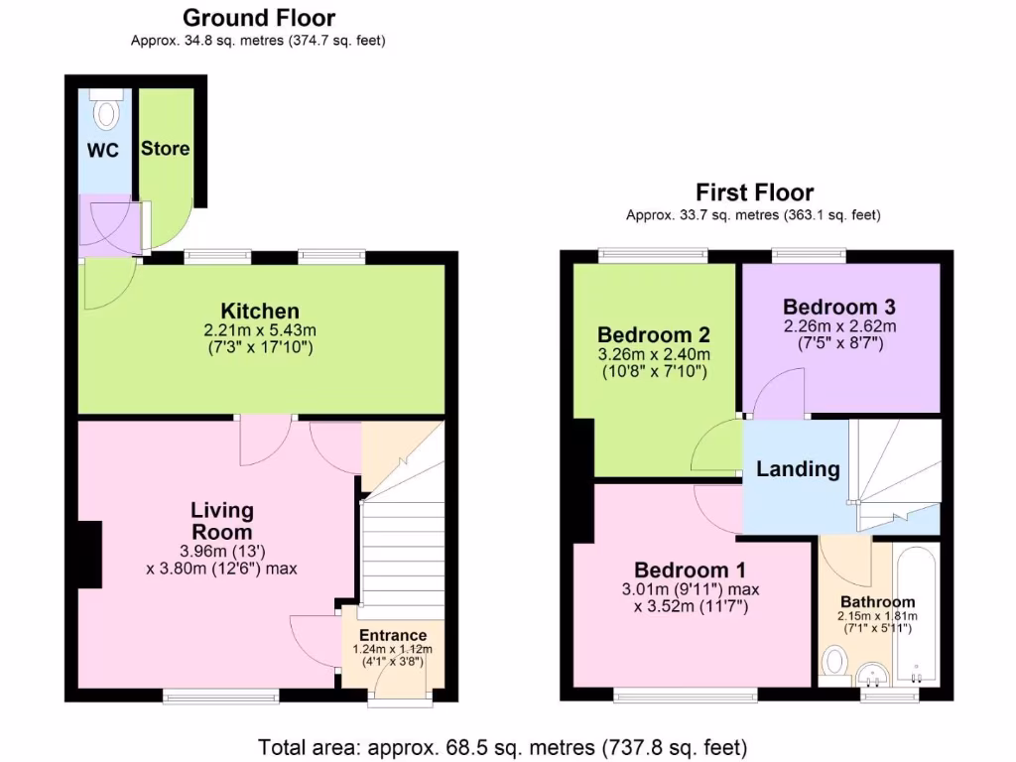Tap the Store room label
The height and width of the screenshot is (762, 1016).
click(165, 149)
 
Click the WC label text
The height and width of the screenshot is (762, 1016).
click(103, 151)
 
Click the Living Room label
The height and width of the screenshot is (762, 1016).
click(222, 521)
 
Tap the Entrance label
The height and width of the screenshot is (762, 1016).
click(393, 635)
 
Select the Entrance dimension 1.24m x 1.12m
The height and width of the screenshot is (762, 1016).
click(393, 650)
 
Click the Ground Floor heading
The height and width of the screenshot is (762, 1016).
click(259, 18)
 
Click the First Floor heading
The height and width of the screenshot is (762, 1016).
click(754, 192)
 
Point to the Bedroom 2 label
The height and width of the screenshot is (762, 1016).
click(654, 334)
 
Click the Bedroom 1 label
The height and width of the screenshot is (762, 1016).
click(692, 571)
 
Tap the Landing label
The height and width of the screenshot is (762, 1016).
click(798, 469)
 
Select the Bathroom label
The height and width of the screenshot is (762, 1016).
click(878, 602)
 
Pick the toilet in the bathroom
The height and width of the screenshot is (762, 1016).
click(835, 662)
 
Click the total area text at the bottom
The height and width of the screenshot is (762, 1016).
click(503, 746)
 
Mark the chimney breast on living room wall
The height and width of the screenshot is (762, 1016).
click(89, 552)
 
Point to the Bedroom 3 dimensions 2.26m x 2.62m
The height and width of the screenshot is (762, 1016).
click(839, 326)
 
